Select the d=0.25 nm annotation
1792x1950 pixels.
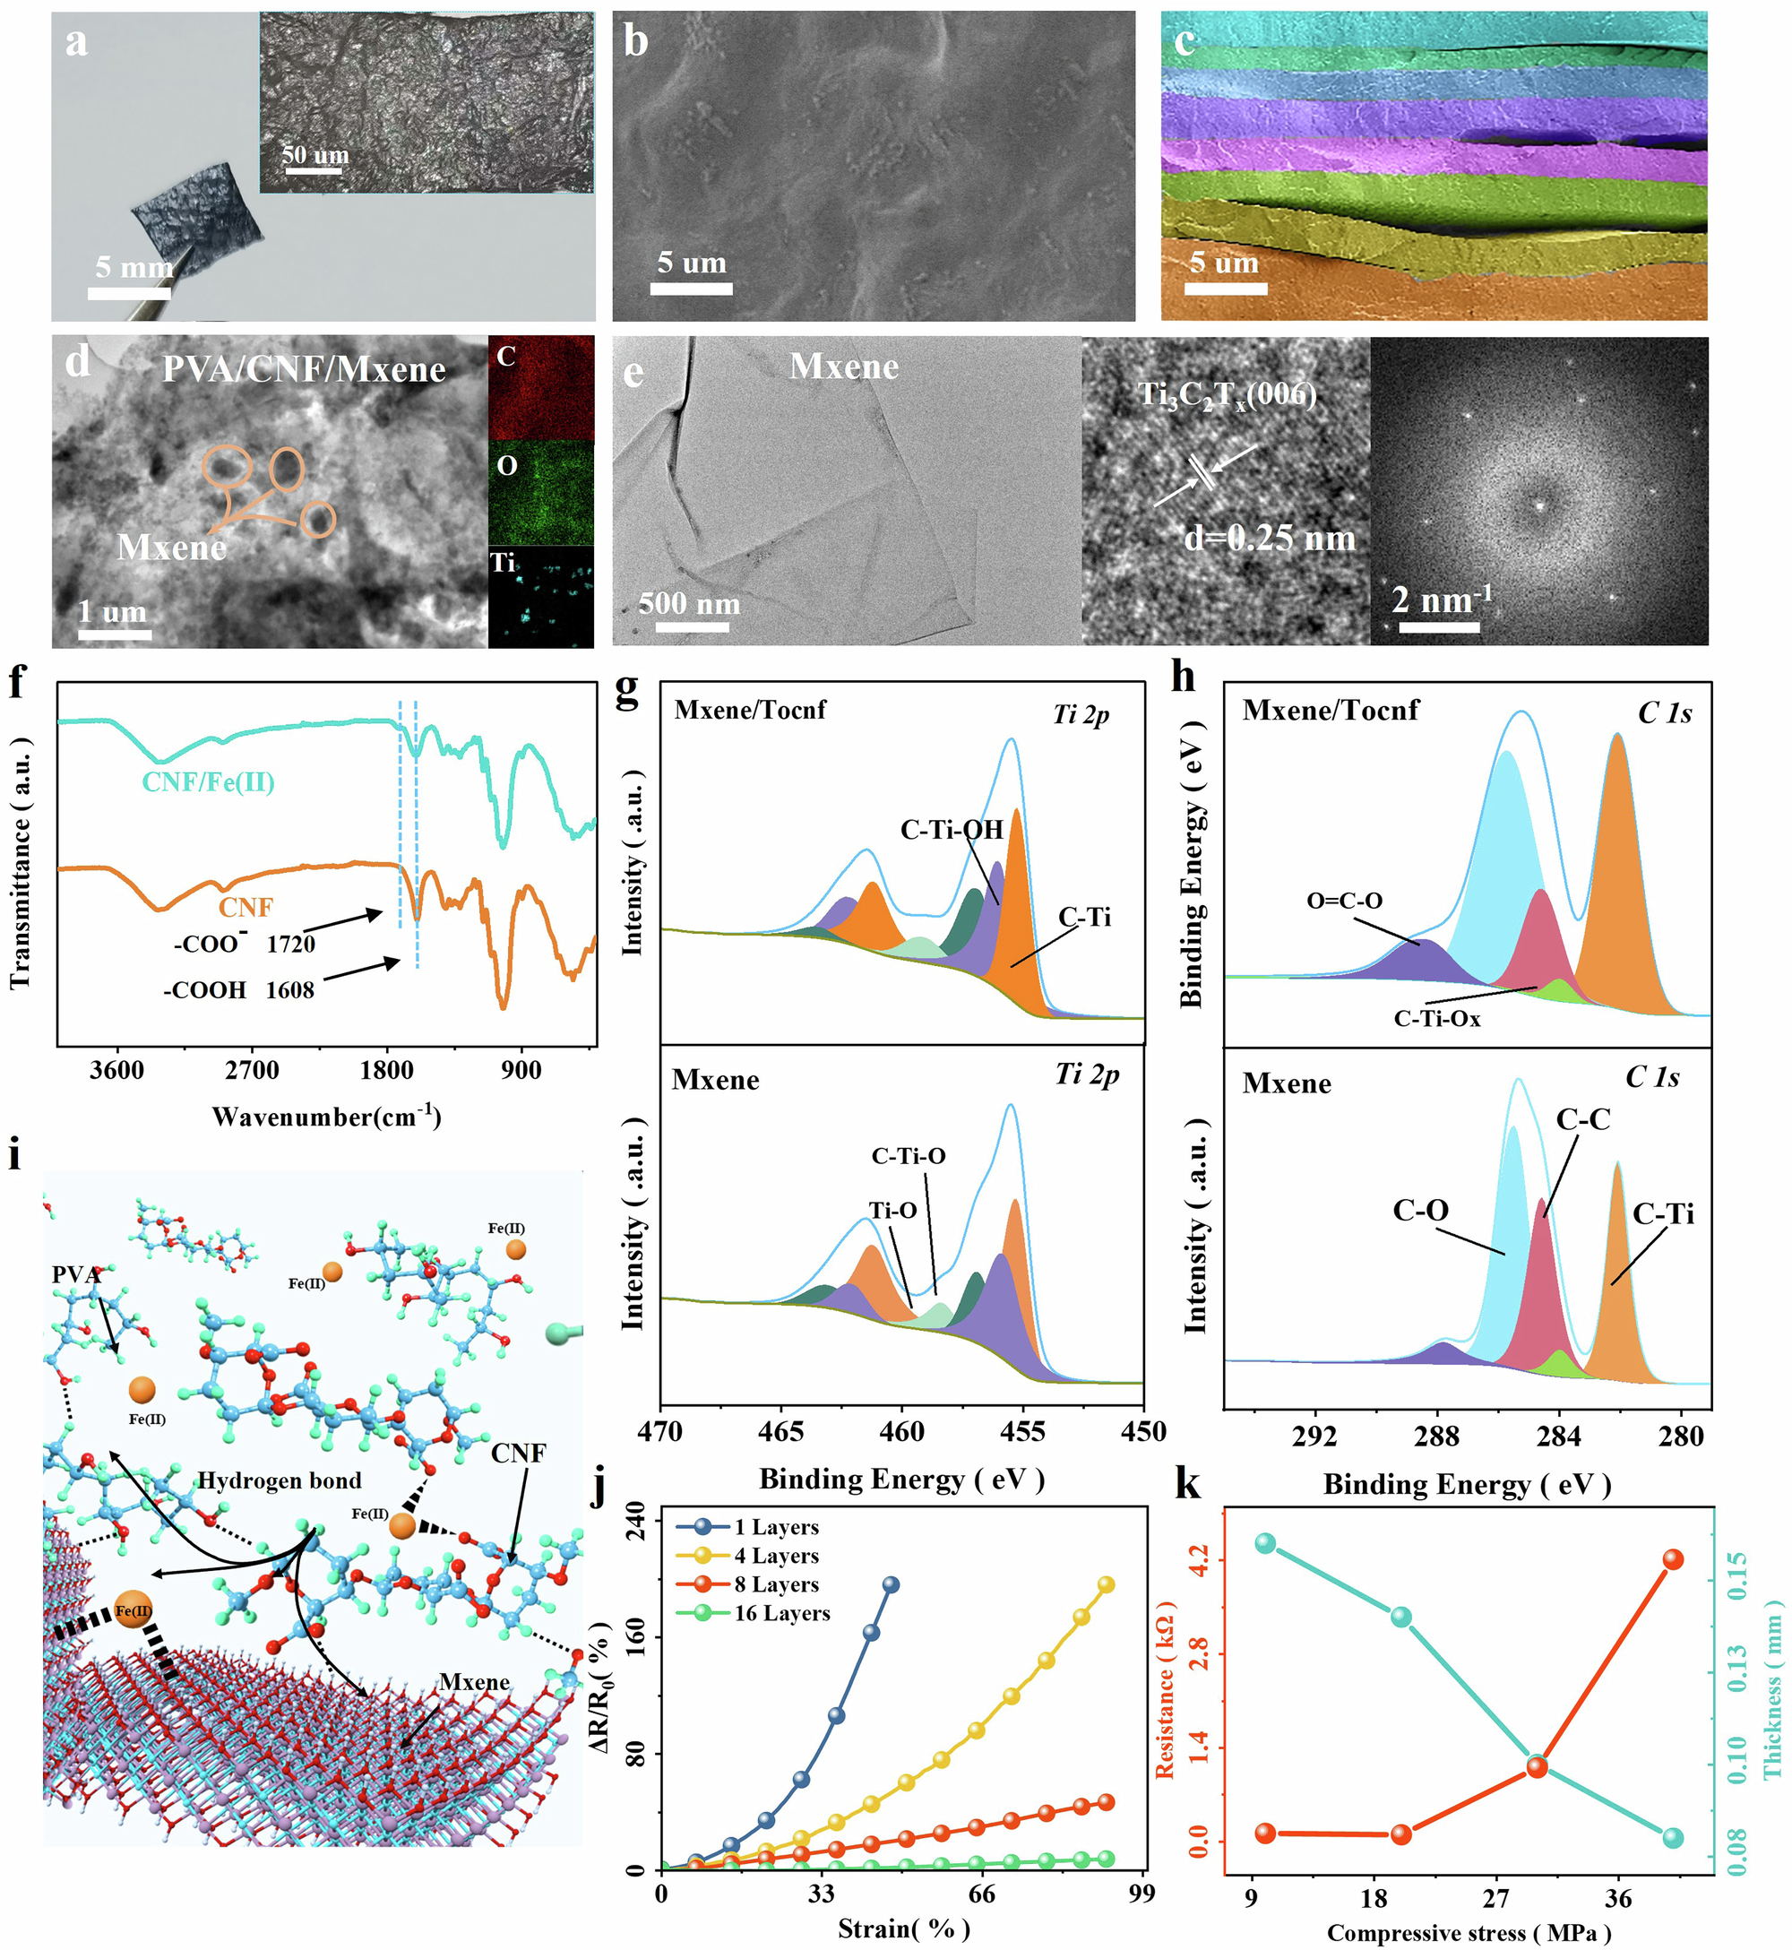1269,539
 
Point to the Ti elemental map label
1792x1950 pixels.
503,564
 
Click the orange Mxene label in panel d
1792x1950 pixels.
172,548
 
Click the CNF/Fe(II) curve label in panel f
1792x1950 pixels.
208,781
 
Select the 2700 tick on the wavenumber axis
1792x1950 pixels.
252,1071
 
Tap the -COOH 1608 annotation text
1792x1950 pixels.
238,990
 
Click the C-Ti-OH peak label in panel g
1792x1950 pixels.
952,830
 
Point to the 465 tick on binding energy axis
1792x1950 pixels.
781,1431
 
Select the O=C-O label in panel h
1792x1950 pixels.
1344,901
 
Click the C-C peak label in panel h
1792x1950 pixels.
1582,1120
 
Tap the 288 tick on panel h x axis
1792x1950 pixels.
1437,1437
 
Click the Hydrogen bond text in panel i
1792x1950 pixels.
280,1480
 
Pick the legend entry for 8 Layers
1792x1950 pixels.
776,1584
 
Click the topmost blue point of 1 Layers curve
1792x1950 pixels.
891,1584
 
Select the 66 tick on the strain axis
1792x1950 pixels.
981,1894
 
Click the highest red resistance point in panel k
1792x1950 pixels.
1673,1559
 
